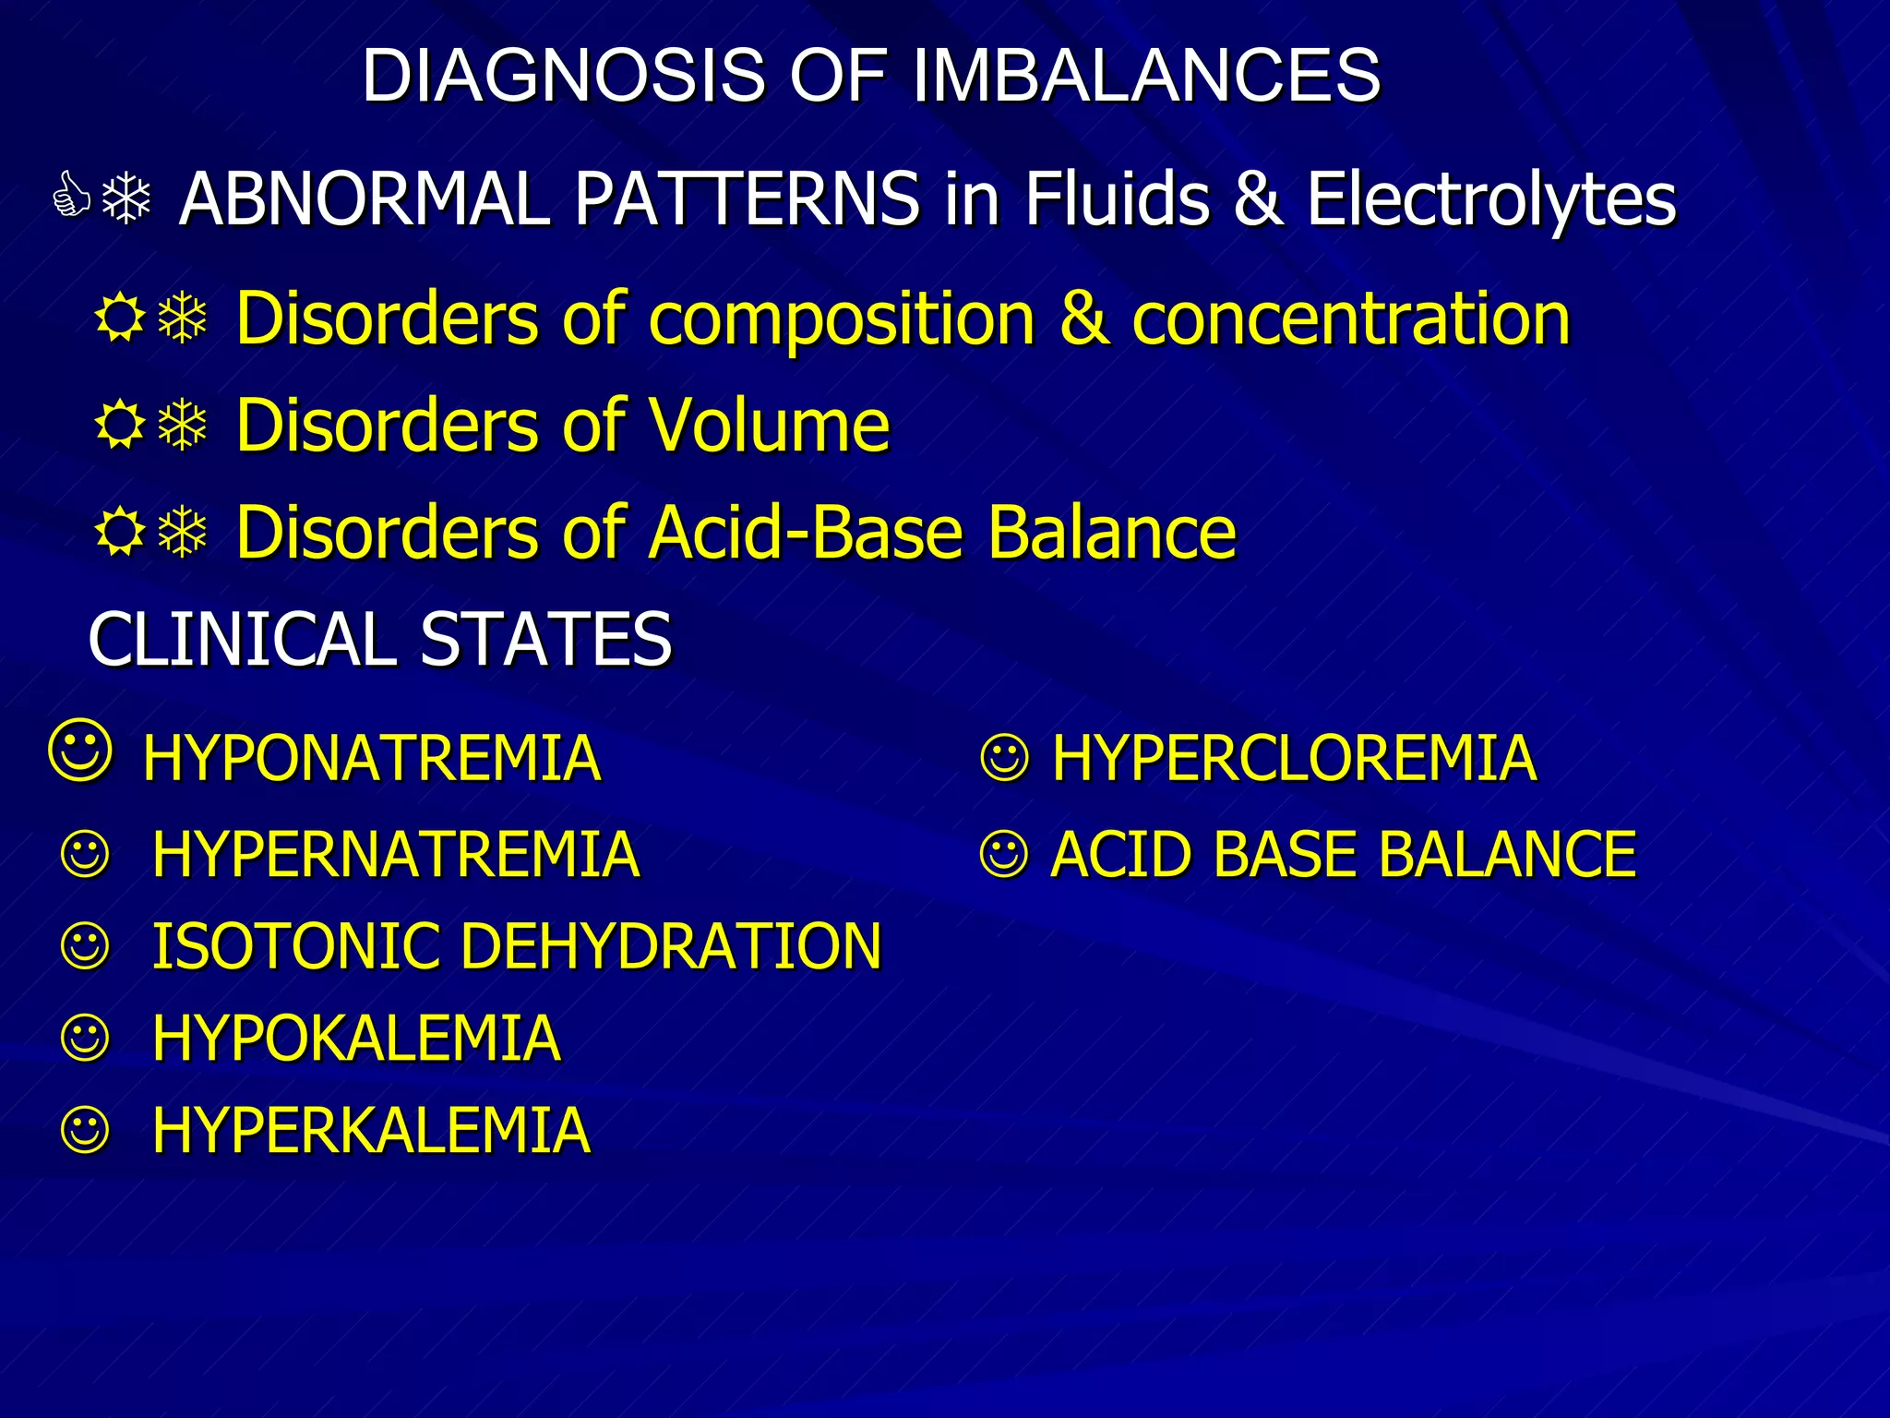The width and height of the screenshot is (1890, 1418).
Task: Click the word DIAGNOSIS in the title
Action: coord(563,76)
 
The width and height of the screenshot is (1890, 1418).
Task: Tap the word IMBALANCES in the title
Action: coord(1145,76)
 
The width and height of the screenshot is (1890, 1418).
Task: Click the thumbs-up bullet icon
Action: coord(71,196)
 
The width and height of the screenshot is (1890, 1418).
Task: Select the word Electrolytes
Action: coord(1491,199)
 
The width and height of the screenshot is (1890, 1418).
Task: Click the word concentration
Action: coord(1350,318)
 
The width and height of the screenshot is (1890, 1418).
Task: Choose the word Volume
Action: coord(770,427)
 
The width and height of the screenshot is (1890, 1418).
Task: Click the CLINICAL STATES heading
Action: coord(380,639)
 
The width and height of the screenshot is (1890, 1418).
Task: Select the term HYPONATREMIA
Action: coord(372,759)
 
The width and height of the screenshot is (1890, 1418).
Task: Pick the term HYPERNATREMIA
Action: coord(396,855)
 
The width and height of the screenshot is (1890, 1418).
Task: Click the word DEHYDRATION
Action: coord(671,947)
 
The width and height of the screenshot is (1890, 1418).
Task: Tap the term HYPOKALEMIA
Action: coord(356,1039)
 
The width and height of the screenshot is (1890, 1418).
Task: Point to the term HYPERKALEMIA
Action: coord(371,1132)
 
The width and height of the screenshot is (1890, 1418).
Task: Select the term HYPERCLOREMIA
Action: coord(1294,759)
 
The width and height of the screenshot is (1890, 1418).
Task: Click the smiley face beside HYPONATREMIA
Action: coord(81,751)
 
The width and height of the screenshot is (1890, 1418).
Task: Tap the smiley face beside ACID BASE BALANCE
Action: coord(1004,855)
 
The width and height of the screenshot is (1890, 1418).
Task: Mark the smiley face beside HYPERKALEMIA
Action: coord(86,1130)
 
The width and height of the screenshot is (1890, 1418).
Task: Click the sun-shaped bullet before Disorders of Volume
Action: coord(120,427)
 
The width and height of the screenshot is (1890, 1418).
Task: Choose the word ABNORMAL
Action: coord(365,199)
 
